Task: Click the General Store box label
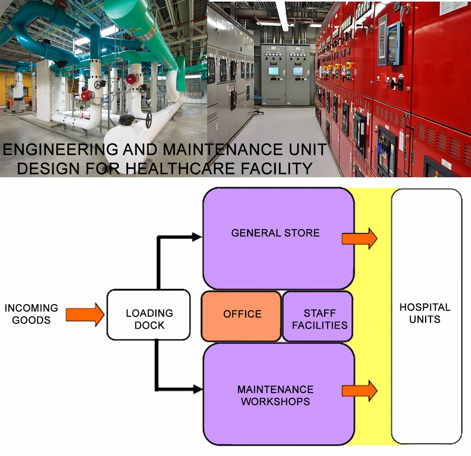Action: (x=275, y=233)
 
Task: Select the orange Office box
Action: (x=241, y=316)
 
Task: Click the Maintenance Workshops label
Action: (x=275, y=395)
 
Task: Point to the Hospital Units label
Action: (x=425, y=313)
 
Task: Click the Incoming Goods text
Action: (x=31, y=314)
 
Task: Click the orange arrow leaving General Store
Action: (x=359, y=238)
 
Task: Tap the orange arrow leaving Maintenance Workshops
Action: (x=359, y=391)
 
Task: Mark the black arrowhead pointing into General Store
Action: (x=197, y=237)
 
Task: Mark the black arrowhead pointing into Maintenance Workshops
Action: (x=198, y=389)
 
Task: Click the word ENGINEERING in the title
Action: (x=60, y=150)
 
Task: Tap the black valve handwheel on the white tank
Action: (x=148, y=120)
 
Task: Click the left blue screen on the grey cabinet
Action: (x=274, y=71)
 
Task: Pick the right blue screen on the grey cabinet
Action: (x=298, y=71)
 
